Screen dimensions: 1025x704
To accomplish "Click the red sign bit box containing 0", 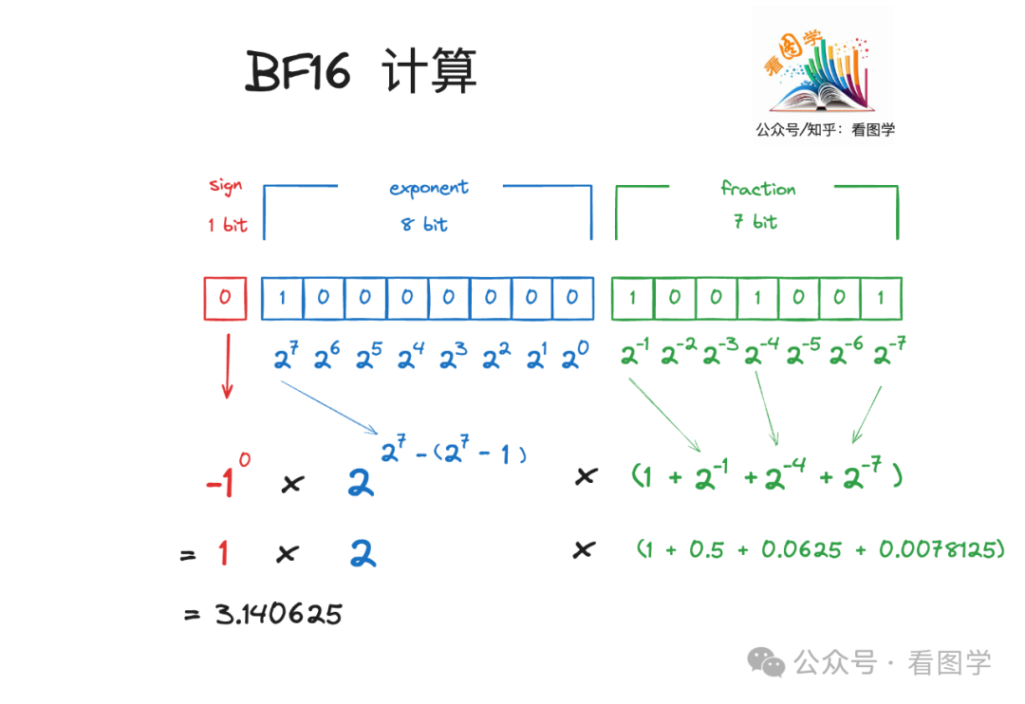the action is point(225,298).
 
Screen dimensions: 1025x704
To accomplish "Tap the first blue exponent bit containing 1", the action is point(282,298).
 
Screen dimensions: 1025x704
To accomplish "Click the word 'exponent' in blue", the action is point(429,188).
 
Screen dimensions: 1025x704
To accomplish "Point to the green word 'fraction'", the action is point(757,188).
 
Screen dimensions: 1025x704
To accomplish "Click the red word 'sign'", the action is point(226,185).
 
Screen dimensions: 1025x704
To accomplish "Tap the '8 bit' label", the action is point(423,225).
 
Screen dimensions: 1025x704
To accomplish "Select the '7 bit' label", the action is point(755,222).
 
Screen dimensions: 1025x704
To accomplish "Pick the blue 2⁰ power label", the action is point(574,358).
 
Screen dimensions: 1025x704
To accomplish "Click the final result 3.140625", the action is point(277,614).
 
